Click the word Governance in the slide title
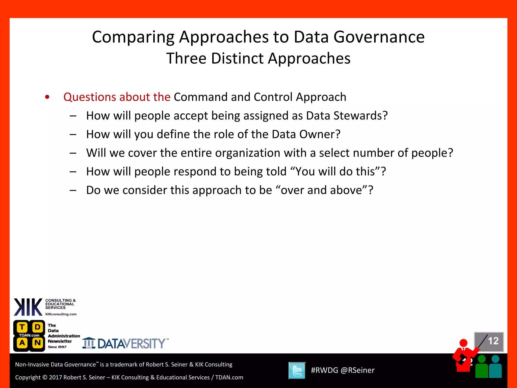(x=379, y=37)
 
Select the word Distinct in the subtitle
(x=237, y=58)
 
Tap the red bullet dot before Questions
(x=47, y=97)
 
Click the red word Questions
(x=90, y=97)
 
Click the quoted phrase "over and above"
(x=321, y=190)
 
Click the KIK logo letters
(x=28, y=307)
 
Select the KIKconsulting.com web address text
(x=61, y=314)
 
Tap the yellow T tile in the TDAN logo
(x=22, y=327)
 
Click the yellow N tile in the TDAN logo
(x=38, y=343)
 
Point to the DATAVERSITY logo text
(x=131, y=344)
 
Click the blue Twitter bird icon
(x=297, y=371)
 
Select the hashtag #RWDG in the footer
(x=324, y=370)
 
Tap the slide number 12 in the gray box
(x=493, y=341)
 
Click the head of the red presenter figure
(x=463, y=343)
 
